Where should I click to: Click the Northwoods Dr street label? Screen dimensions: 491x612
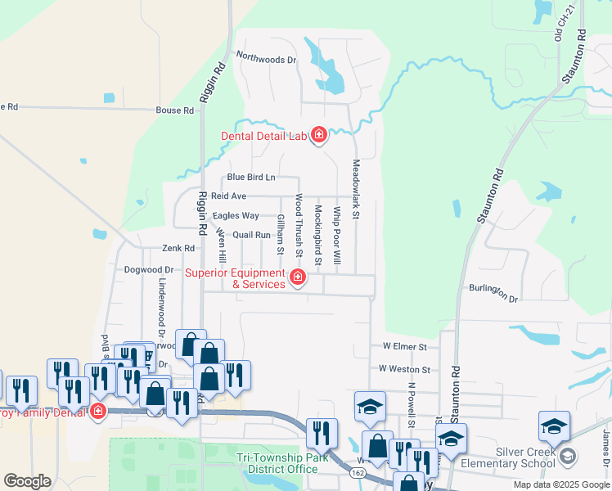(265, 58)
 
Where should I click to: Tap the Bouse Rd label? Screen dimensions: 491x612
(175, 110)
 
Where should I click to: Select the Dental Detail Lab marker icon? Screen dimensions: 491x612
(318, 135)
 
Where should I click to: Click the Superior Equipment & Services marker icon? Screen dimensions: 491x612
(298, 278)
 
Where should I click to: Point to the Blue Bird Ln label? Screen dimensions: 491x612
(251, 177)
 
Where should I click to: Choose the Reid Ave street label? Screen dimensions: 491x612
(228, 196)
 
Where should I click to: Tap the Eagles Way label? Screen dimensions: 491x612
(236, 216)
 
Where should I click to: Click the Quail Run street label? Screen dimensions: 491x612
(251, 235)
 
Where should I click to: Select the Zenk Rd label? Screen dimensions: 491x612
(178, 248)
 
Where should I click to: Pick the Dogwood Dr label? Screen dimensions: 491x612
(149, 269)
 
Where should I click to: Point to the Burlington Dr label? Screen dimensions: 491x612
(494, 293)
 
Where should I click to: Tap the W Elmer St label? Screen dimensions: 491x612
(403, 347)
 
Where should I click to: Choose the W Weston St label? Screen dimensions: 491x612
(403, 369)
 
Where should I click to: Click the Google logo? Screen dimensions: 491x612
(27, 481)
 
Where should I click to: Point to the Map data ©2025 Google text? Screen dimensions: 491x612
(560, 484)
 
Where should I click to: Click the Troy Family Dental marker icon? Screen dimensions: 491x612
(98, 411)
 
